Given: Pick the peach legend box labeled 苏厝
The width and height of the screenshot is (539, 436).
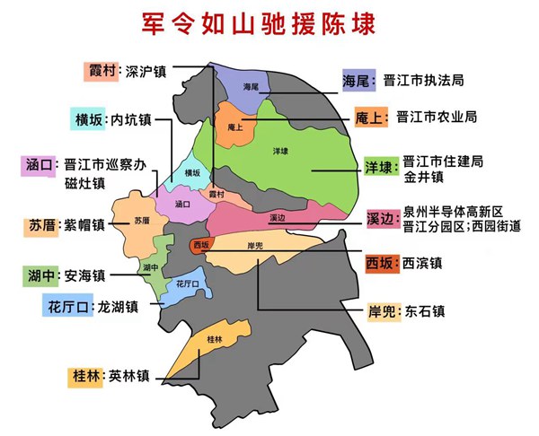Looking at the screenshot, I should (41, 226).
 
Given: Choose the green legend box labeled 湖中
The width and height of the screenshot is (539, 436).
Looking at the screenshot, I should (40, 275).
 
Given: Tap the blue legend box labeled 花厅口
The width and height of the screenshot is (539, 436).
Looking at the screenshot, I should (67, 307).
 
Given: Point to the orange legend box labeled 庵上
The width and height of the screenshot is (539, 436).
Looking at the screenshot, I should (368, 117).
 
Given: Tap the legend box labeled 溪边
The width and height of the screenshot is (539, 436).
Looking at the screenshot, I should (381, 220).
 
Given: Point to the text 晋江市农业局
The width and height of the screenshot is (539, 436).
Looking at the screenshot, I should (437, 117).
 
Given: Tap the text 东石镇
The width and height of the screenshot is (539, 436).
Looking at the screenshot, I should (425, 311).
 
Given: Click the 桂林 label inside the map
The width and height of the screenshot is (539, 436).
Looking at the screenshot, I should (214, 339).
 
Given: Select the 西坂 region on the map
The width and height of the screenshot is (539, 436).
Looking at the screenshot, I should (200, 245).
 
